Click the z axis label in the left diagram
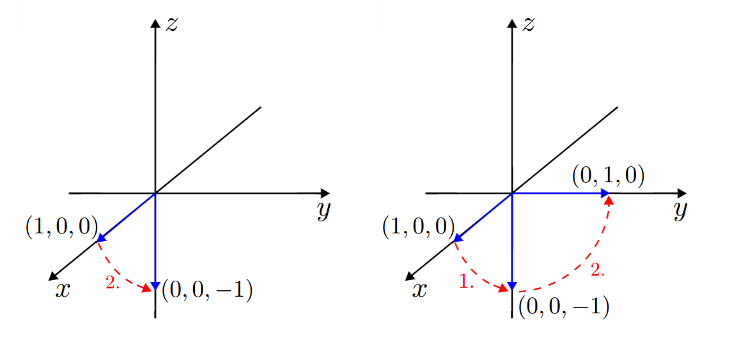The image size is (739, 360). [x=171, y=24]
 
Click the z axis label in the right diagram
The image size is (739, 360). [x=527, y=24]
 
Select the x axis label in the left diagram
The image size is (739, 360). [x=63, y=291]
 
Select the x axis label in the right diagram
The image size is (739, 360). [x=419, y=291]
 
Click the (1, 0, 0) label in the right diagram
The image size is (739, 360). [x=418, y=228]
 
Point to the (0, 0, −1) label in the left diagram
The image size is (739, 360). [x=207, y=292]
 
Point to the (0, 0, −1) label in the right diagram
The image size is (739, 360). [x=564, y=308]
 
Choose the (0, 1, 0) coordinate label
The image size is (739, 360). [x=608, y=178]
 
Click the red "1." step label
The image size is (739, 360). [x=465, y=281]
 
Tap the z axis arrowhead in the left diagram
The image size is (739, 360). [x=155, y=24]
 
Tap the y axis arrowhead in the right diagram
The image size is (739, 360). [x=681, y=193]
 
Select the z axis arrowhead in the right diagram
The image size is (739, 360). [x=512, y=24]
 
